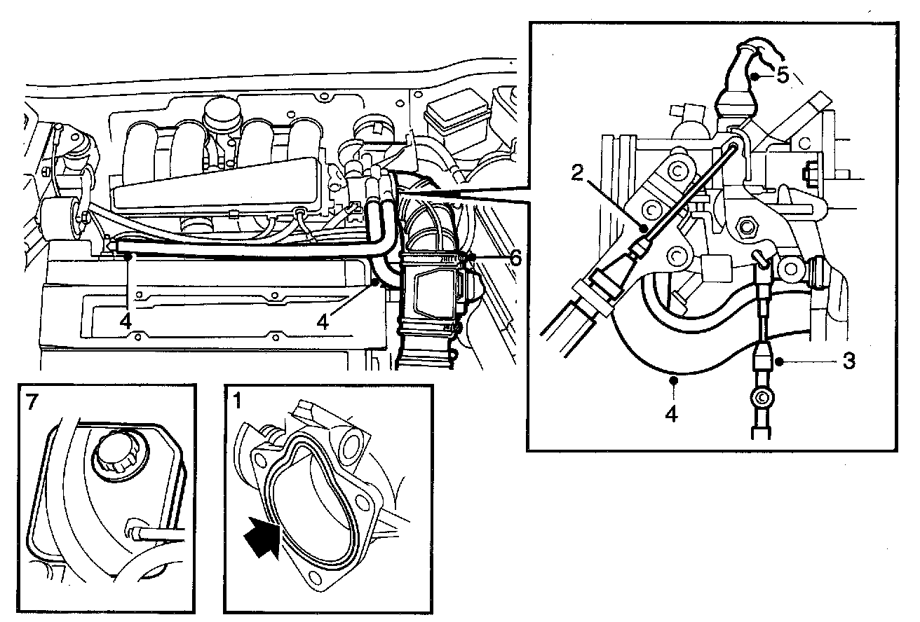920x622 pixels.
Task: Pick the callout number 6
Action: point(515,258)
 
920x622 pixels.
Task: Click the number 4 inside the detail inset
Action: point(671,414)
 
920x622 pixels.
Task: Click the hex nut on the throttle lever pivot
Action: point(747,226)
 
